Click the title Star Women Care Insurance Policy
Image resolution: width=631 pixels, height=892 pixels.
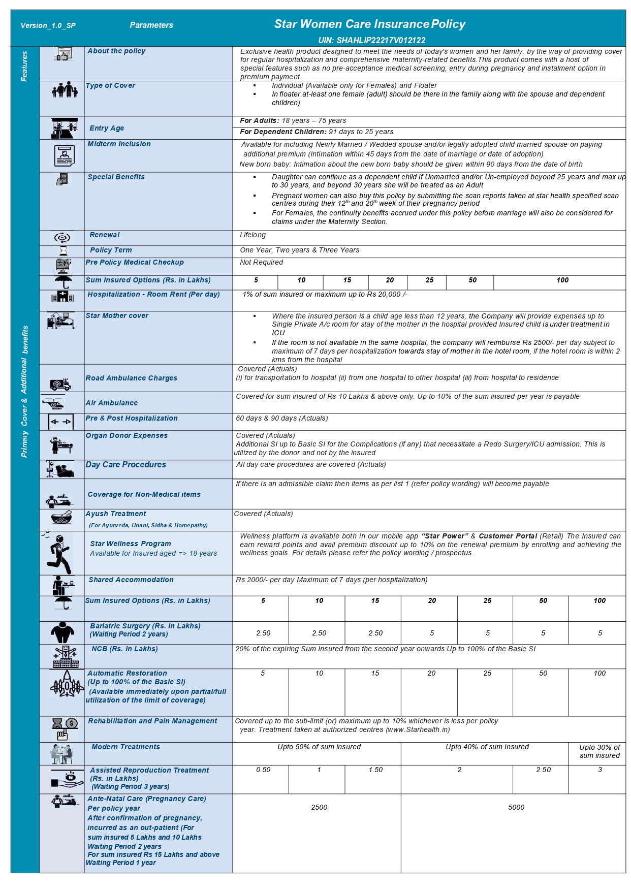pyautogui.click(x=369, y=24)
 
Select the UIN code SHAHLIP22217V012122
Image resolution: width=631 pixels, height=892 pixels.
pyautogui.click(x=372, y=40)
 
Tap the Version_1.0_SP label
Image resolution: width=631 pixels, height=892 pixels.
pyautogui.click(x=48, y=25)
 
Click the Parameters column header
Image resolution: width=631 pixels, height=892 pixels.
pyautogui.click(x=151, y=25)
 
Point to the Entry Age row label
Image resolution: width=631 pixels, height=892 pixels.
pyautogui.click(x=107, y=128)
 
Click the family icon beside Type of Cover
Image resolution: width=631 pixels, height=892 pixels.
pyautogui.click(x=65, y=90)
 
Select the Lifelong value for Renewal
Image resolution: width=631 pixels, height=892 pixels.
pyautogui.click(x=253, y=235)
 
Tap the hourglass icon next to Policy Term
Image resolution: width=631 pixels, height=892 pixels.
pyautogui.click(x=63, y=250)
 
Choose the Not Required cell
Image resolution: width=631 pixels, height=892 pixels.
pyautogui.click(x=261, y=262)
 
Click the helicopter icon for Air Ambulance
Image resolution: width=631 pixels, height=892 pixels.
pyautogui.click(x=53, y=403)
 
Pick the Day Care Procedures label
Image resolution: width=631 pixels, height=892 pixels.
pyautogui.click(x=125, y=464)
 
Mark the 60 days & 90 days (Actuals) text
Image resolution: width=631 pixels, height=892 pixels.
pyautogui.click(x=281, y=418)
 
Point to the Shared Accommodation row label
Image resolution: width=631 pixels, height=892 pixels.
pyautogui.click(x=131, y=580)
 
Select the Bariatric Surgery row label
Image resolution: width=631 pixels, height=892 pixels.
pyautogui.click(x=145, y=630)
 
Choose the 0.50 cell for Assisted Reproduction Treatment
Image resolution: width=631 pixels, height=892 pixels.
pyautogui.click(x=263, y=770)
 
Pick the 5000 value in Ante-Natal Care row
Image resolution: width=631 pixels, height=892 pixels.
pyautogui.click(x=516, y=807)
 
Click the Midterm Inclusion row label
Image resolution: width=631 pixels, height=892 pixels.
pyautogui.click(x=119, y=144)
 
